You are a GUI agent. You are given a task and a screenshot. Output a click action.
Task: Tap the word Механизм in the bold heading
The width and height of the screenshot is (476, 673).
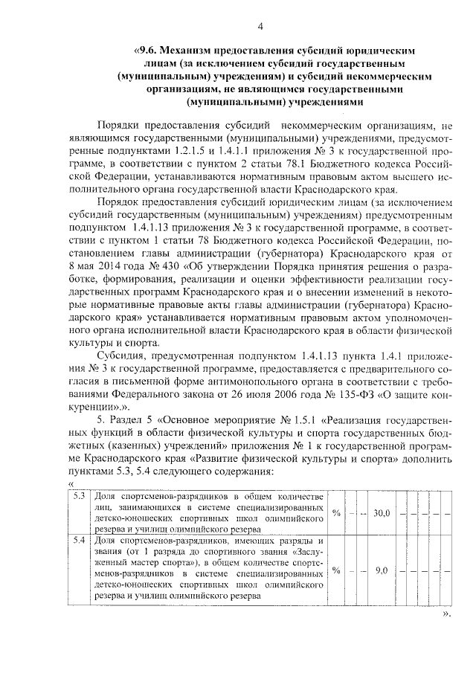pos(193,51)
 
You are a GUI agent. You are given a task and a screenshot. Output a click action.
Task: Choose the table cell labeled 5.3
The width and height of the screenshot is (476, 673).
pos(80,496)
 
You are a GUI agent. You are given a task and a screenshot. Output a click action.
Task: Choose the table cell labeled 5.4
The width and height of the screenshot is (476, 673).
pos(80,539)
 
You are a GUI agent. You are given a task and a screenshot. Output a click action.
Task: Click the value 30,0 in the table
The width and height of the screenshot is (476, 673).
pos(382,512)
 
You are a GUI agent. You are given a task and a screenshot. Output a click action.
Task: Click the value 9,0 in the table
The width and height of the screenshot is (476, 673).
pos(382,570)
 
